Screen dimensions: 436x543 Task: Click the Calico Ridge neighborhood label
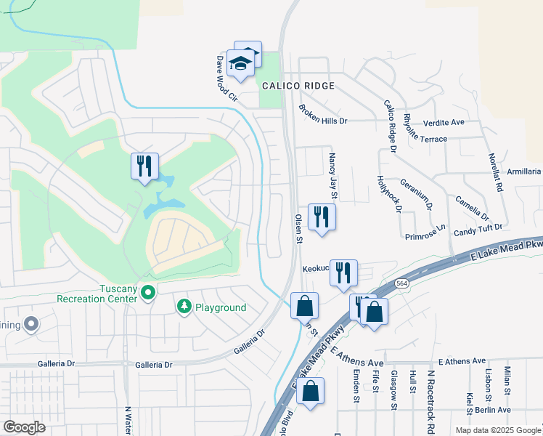[x=298, y=86]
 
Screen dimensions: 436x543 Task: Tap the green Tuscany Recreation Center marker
[x=149, y=294]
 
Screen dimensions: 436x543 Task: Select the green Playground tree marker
[x=184, y=307]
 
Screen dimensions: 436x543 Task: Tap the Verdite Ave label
[x=443, y=122]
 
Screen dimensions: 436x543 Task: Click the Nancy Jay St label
[x=333, y=175]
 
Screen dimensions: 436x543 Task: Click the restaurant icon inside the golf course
[x=144, y=166]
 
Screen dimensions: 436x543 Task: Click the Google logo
[x=24, y=427]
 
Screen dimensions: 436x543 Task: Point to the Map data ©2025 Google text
[x=497, y=430]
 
